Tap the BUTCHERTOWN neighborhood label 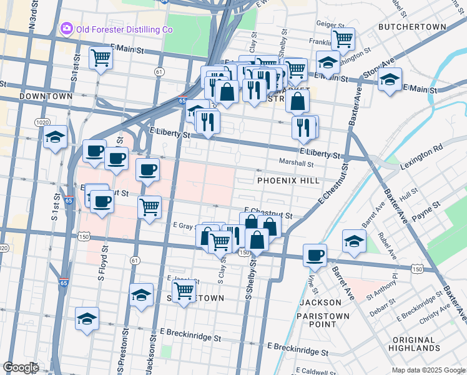pos(412,27)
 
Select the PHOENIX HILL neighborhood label pos(288,180)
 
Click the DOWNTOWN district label pos(46,96)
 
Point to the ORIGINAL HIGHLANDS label pos(414,342)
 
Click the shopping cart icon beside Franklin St pos(342,39)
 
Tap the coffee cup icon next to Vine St pos(315,254)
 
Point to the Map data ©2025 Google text pos(428,370)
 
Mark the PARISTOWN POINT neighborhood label pos(323,321)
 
